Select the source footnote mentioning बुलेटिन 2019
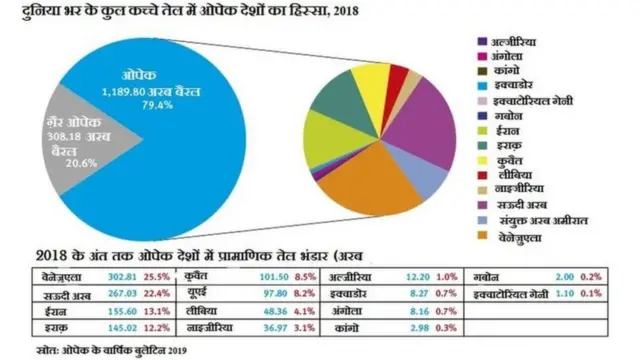pos(100,350)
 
